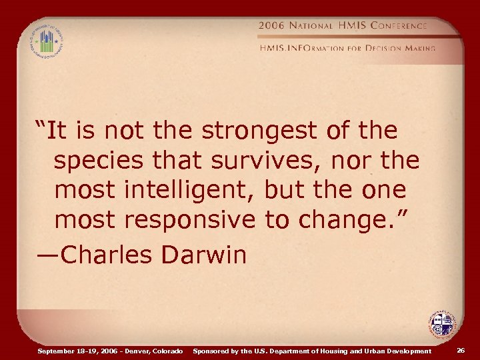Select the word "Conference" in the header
tap(400, 25)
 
